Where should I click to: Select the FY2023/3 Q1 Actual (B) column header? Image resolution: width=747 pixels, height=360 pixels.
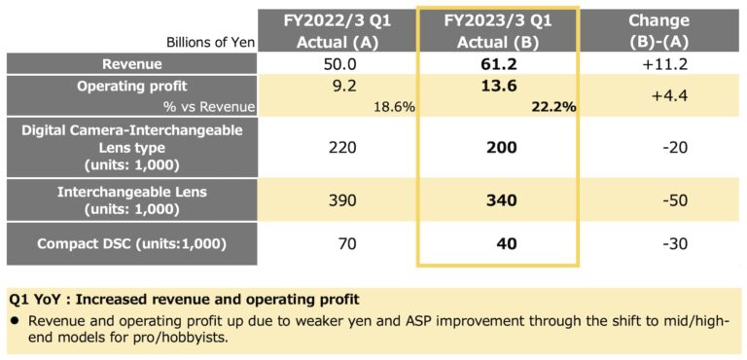coord(497,30)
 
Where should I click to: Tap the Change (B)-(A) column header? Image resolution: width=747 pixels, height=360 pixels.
coord(658,30)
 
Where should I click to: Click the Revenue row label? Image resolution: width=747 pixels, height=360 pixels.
coord(132,63)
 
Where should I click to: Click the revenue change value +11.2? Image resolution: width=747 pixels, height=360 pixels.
coord(658,63)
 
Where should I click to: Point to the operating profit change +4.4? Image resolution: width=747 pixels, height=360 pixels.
coord(658,96)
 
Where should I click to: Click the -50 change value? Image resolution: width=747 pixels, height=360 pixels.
coord(658,199)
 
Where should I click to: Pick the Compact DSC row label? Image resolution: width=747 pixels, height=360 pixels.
coord(132,242)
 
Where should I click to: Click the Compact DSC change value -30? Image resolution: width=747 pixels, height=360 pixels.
coord(658,243)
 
